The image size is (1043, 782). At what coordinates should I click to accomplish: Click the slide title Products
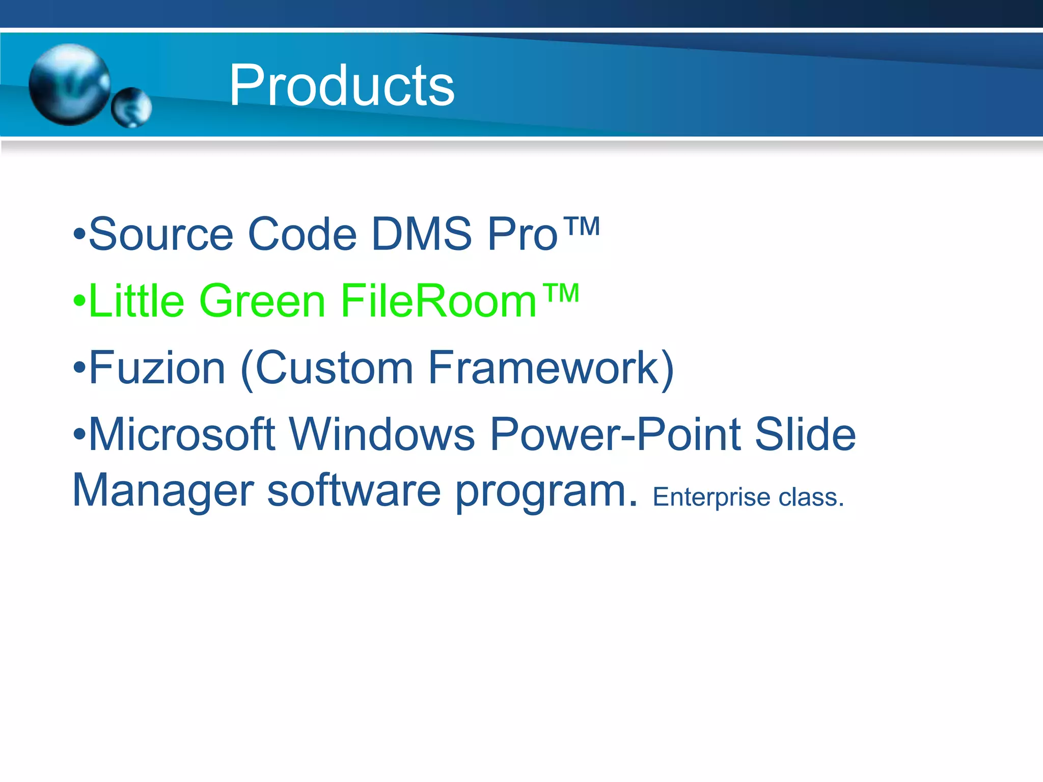click(x=341, y=86)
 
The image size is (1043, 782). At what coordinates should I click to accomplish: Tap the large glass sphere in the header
click(x=69, y=84)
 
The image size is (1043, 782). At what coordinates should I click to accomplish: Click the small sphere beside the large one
click(x=131, y=107)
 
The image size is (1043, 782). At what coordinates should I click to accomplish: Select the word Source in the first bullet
click(x=161, y=234)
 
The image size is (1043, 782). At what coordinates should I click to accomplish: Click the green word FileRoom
click(x=438, y=301)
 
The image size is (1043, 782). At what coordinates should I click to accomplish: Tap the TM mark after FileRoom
click(x=560, y=293)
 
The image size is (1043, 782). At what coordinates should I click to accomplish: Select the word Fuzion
click(x=157, y=368)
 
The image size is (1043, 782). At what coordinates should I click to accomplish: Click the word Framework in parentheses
click(x=544, y=368)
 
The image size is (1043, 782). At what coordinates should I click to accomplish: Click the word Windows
click(x=382, y=435)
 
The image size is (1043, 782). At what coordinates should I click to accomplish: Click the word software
click(x=354, y=491)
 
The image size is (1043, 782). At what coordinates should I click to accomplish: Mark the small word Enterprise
click(x=711, y=497)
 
